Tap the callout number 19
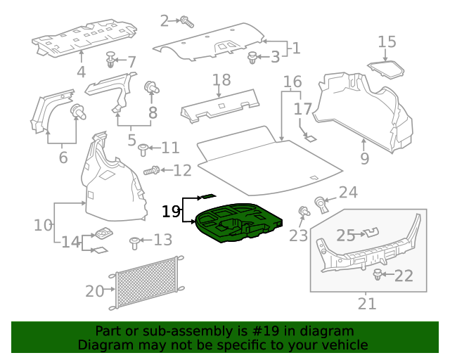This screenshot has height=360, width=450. [x=171, y=211]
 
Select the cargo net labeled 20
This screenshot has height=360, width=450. [x=146, y=283]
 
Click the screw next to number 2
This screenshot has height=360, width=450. [x=186, y=21]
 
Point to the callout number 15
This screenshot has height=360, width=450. [x=387, y=42]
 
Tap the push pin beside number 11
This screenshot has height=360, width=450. [x=143, y=148]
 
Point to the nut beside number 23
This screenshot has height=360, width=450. [x=304, y=212]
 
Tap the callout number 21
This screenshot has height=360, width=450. [x=367, y=304]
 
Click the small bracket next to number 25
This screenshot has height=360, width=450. [x=368, y=232]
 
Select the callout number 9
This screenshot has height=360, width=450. [x=364, y=159]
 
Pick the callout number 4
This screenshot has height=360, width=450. [x=82, y=72]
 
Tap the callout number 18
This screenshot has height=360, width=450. [x=221, y=80]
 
